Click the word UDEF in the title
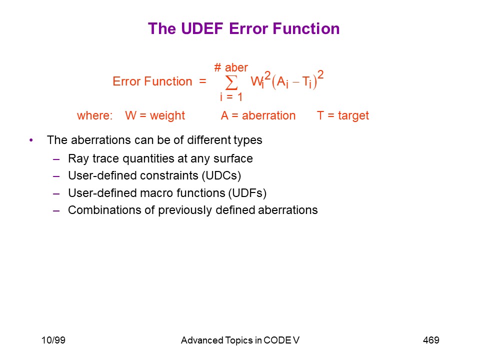coord(202,29)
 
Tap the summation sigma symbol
coord(231,82)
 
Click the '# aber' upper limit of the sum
coord(231,67)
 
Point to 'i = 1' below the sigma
coord(231,97)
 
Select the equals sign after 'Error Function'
coord(202,81)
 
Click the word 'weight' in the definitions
coord(167,115)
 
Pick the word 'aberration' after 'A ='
coord(269,115)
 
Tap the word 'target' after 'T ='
coord(353,115)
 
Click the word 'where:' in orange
coord(95,115)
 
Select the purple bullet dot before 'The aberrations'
coord(31,140)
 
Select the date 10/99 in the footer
coord(53,340)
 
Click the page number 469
coord(431,340)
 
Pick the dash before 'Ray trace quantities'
coord(56,159)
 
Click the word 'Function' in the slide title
coord(306,29)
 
